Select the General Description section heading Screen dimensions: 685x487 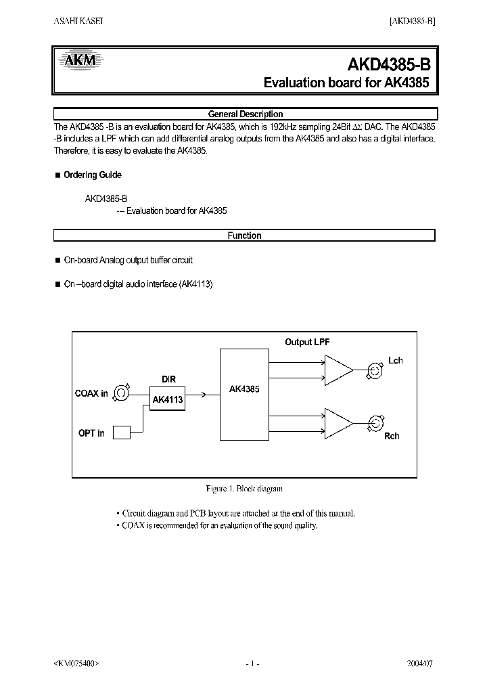(x=245, y=114)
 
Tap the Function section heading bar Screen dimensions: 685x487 (x=244, y=236)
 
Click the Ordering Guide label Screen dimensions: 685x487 (x=92, y=175)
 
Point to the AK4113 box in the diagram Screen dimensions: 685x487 (x=167, y=399)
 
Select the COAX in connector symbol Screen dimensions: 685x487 (x=121, y=393)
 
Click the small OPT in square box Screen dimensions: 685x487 (x=121, y=432)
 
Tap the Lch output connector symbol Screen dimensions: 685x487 (x=373, y=370)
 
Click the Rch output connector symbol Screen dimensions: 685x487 (x=373, y=424)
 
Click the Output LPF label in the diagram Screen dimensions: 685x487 (x=307, y=342)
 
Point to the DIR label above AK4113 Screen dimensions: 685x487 (x=168, y=380)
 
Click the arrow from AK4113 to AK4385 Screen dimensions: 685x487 (x=196, y=393)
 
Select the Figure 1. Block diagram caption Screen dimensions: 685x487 (x=244, y=488)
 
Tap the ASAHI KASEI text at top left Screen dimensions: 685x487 (x=78, y=21)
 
